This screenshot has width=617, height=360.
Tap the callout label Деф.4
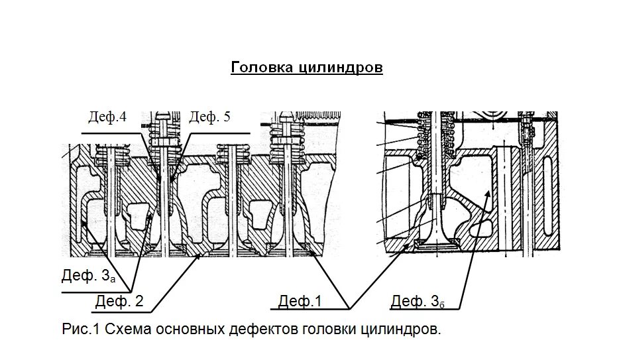pyautogui.click(x=107, y=117)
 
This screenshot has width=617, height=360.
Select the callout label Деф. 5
pyautogui.click(x=210, y=117)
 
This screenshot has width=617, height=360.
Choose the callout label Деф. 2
pyautogui.click(x=119, y=301)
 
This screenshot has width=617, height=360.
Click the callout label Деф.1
pyautogui.click(x=300, y=301)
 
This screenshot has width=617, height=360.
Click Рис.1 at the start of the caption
pyautogui.click(x=80, y=329)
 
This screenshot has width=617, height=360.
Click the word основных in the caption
pyautogui.click(x=191, y=329)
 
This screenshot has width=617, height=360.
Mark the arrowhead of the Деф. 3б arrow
pyautogui.click(x=489, y=190)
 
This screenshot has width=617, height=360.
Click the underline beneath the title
pyautogui.click(x=306, y=75)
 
